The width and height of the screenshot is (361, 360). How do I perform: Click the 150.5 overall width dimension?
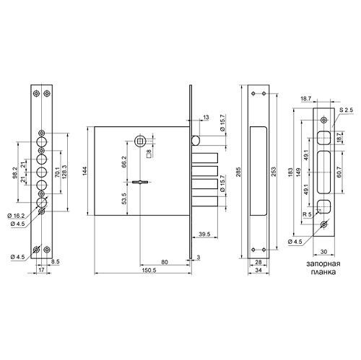pyautogui.click(x=149, y=270)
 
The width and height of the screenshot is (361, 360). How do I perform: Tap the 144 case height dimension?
pyautogui.click(x=85, y=171)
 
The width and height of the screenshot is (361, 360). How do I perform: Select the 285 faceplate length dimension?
pyautogui.click(x=238, y=172)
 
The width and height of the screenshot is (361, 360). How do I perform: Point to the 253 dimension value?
pyautogui.click(x=274, y=172)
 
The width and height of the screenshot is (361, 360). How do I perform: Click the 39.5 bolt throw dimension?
pyautogui.click(x=205, y=234)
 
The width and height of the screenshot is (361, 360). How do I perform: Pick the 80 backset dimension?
pyautogui.click(x=165, y=262)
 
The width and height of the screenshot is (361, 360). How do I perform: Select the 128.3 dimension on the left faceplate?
pyautogui.click(x=65, y=172)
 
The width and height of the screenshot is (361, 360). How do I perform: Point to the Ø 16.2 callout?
pyautogui.click(x=16, y=216)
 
